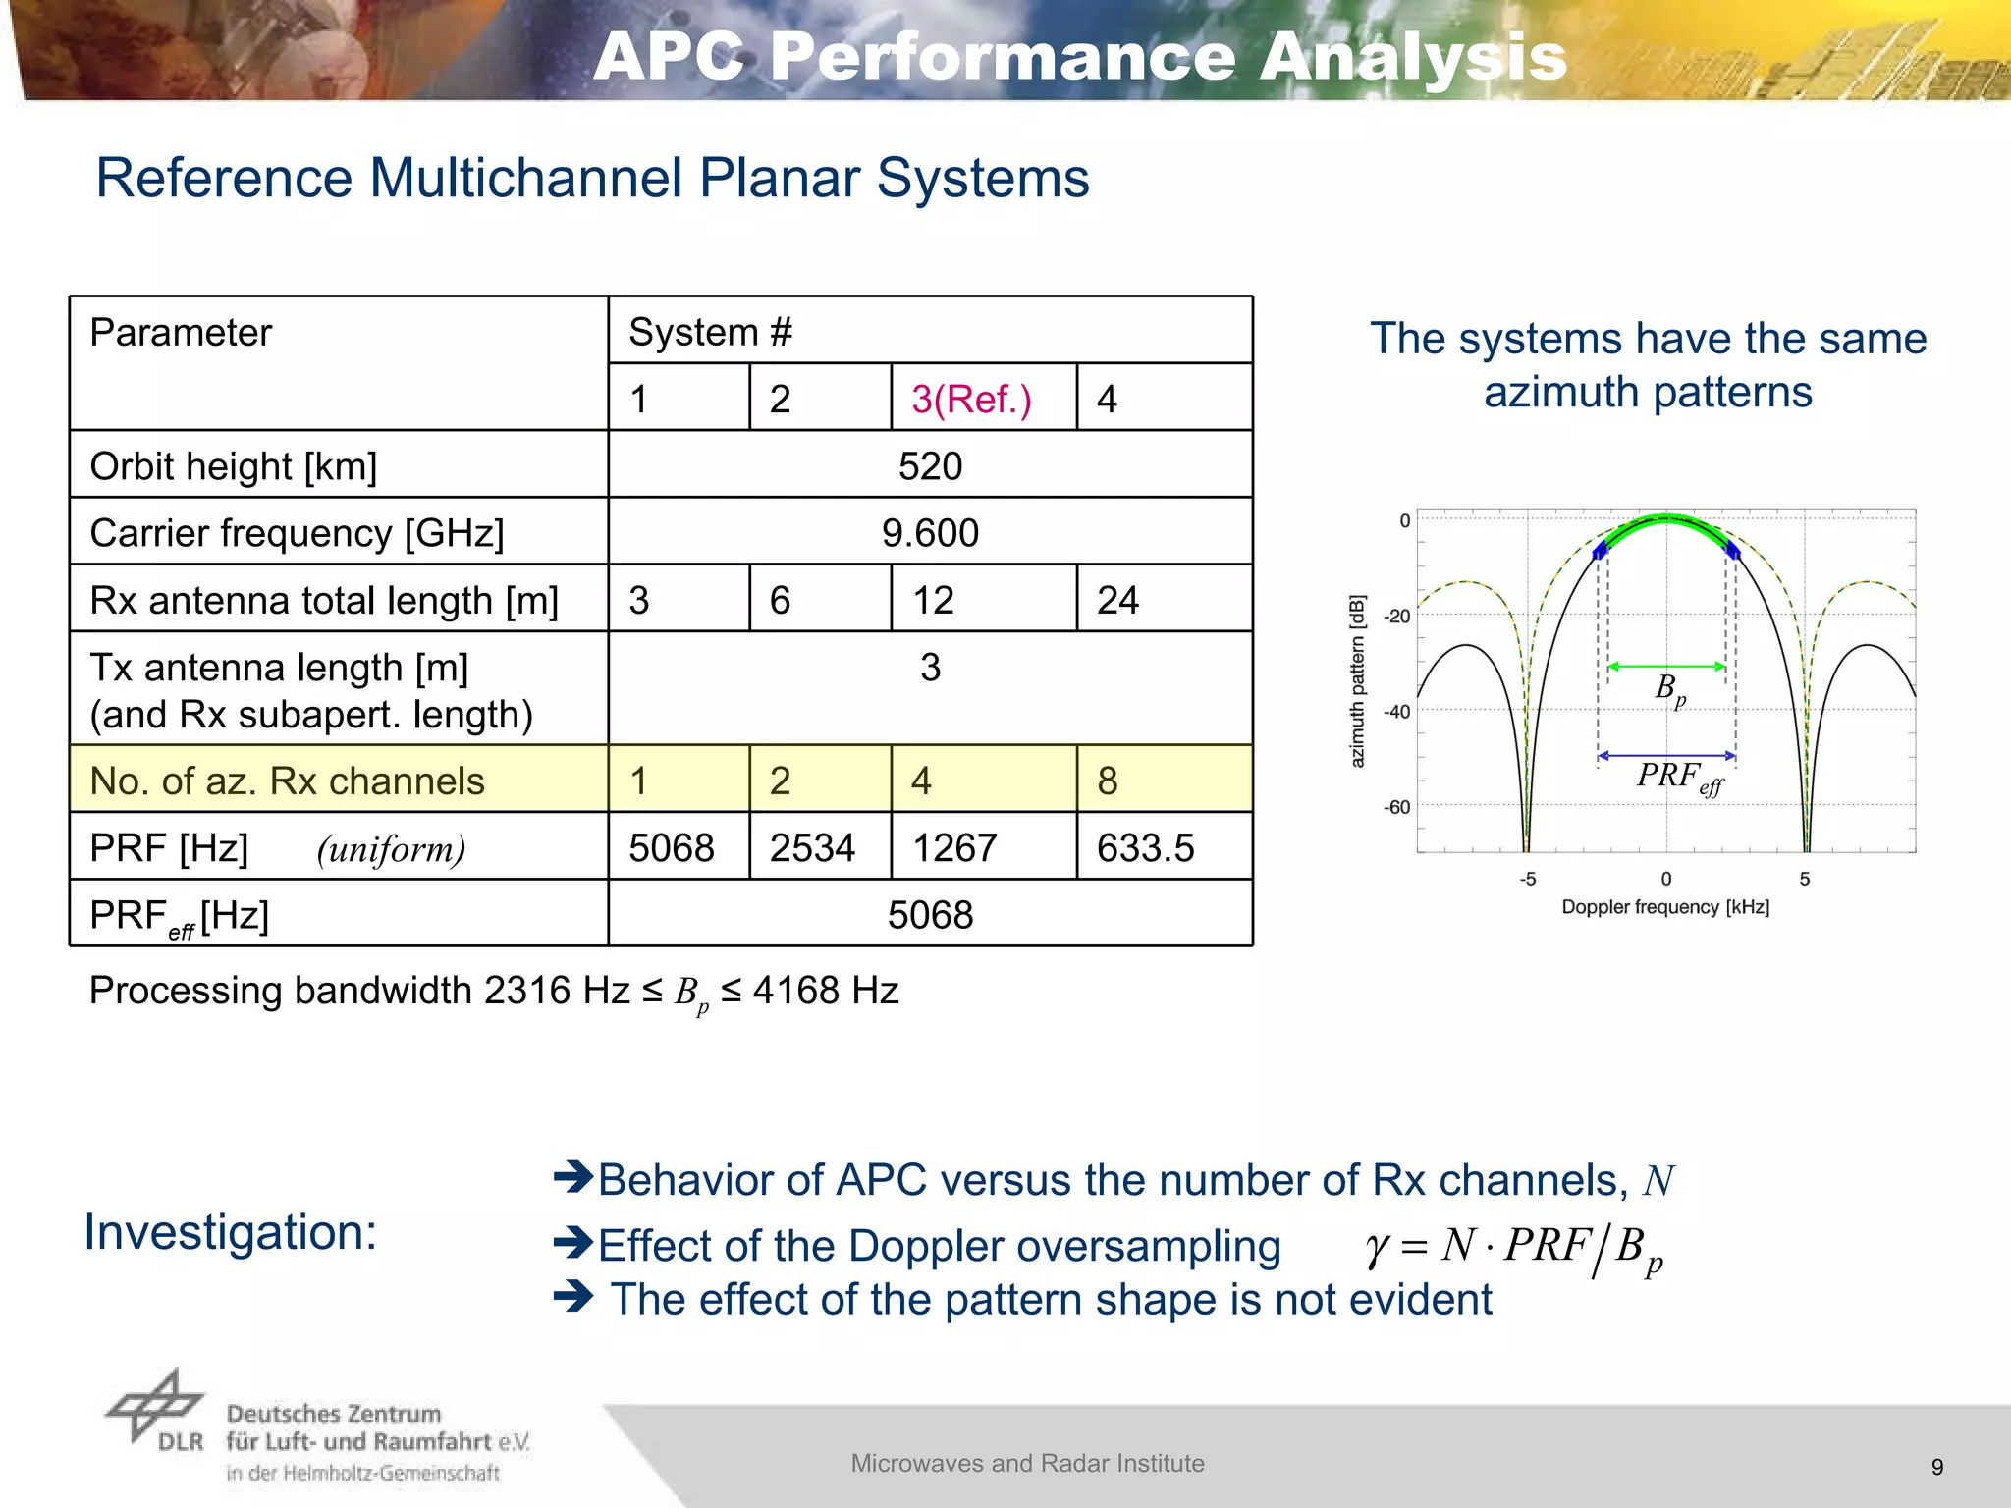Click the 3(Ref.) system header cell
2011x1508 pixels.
coord(971,400)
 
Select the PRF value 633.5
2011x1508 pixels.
coord(1145,848)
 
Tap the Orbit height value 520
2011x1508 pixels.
coord(930,466)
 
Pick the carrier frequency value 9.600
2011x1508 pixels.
coord(930,533)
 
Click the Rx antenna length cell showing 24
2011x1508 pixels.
coord(1117,600)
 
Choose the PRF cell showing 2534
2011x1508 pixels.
coord(812,848)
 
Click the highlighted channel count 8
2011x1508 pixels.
coord(1108,781)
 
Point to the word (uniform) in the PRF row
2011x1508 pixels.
coord(391,849)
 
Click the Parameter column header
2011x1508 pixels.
coord(181,333)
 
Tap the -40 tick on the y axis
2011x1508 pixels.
coord(1396,711)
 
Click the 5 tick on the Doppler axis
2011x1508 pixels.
coord(1805,879)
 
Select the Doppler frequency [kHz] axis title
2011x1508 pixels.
coord(1665,907)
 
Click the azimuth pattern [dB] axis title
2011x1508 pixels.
coord(1358,680)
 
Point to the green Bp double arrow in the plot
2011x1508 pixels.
coord(1666,667)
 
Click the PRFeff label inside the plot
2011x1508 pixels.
coord(1679,778)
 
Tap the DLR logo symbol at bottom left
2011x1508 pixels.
coord(154,1406)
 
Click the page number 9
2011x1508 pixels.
coord(1936,1467)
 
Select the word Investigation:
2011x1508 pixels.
coord(231,1232)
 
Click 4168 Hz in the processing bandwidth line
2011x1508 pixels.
coord(825,991)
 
